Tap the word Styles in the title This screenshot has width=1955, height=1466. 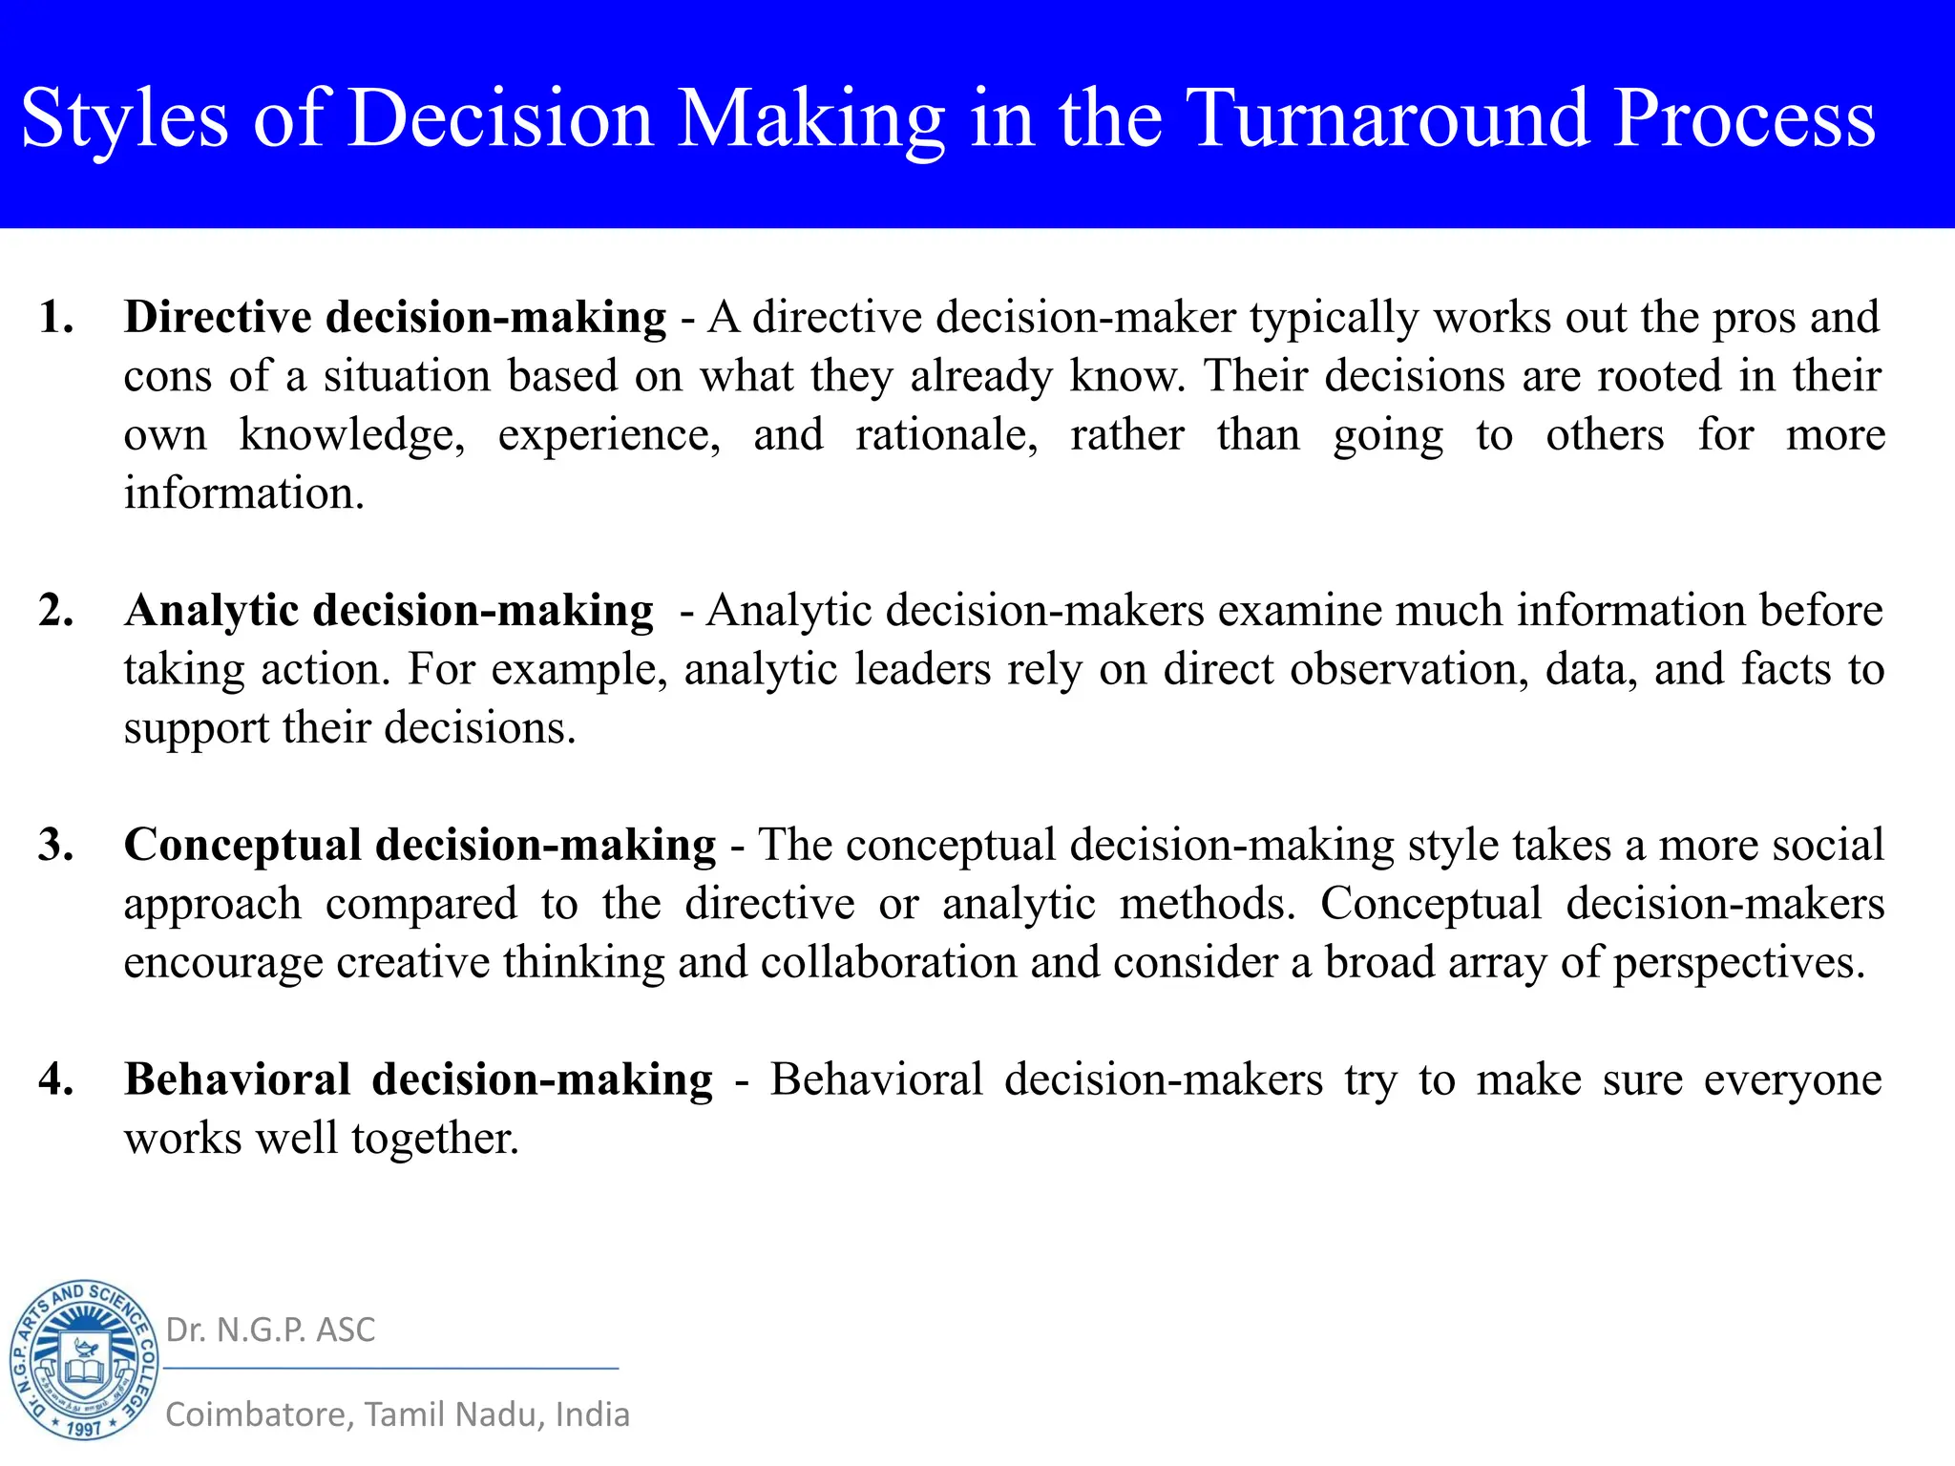pyautogui.click(x=125, y=120)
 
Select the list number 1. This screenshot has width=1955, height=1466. pyautogui.click(x=56, y=317)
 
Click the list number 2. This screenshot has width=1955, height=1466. pyautogui.click(x=56, y=610)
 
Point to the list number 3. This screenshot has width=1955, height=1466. pyautogui.click(x=56, y=845)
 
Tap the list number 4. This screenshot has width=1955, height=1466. pyautogui.click(x=56, y=1079)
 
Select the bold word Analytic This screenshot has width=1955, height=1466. pyautogui.click(x=211, y=611)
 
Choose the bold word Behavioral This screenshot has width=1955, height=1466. pyautogui.click(x=238, y=1079)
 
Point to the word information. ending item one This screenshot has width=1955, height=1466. pyautogui.click(x=244, y=493)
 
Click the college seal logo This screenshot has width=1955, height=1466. pyautogui.click(x=84, y=1359)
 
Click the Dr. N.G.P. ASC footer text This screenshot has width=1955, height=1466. pyautogui.click(x=270, y=1330)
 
